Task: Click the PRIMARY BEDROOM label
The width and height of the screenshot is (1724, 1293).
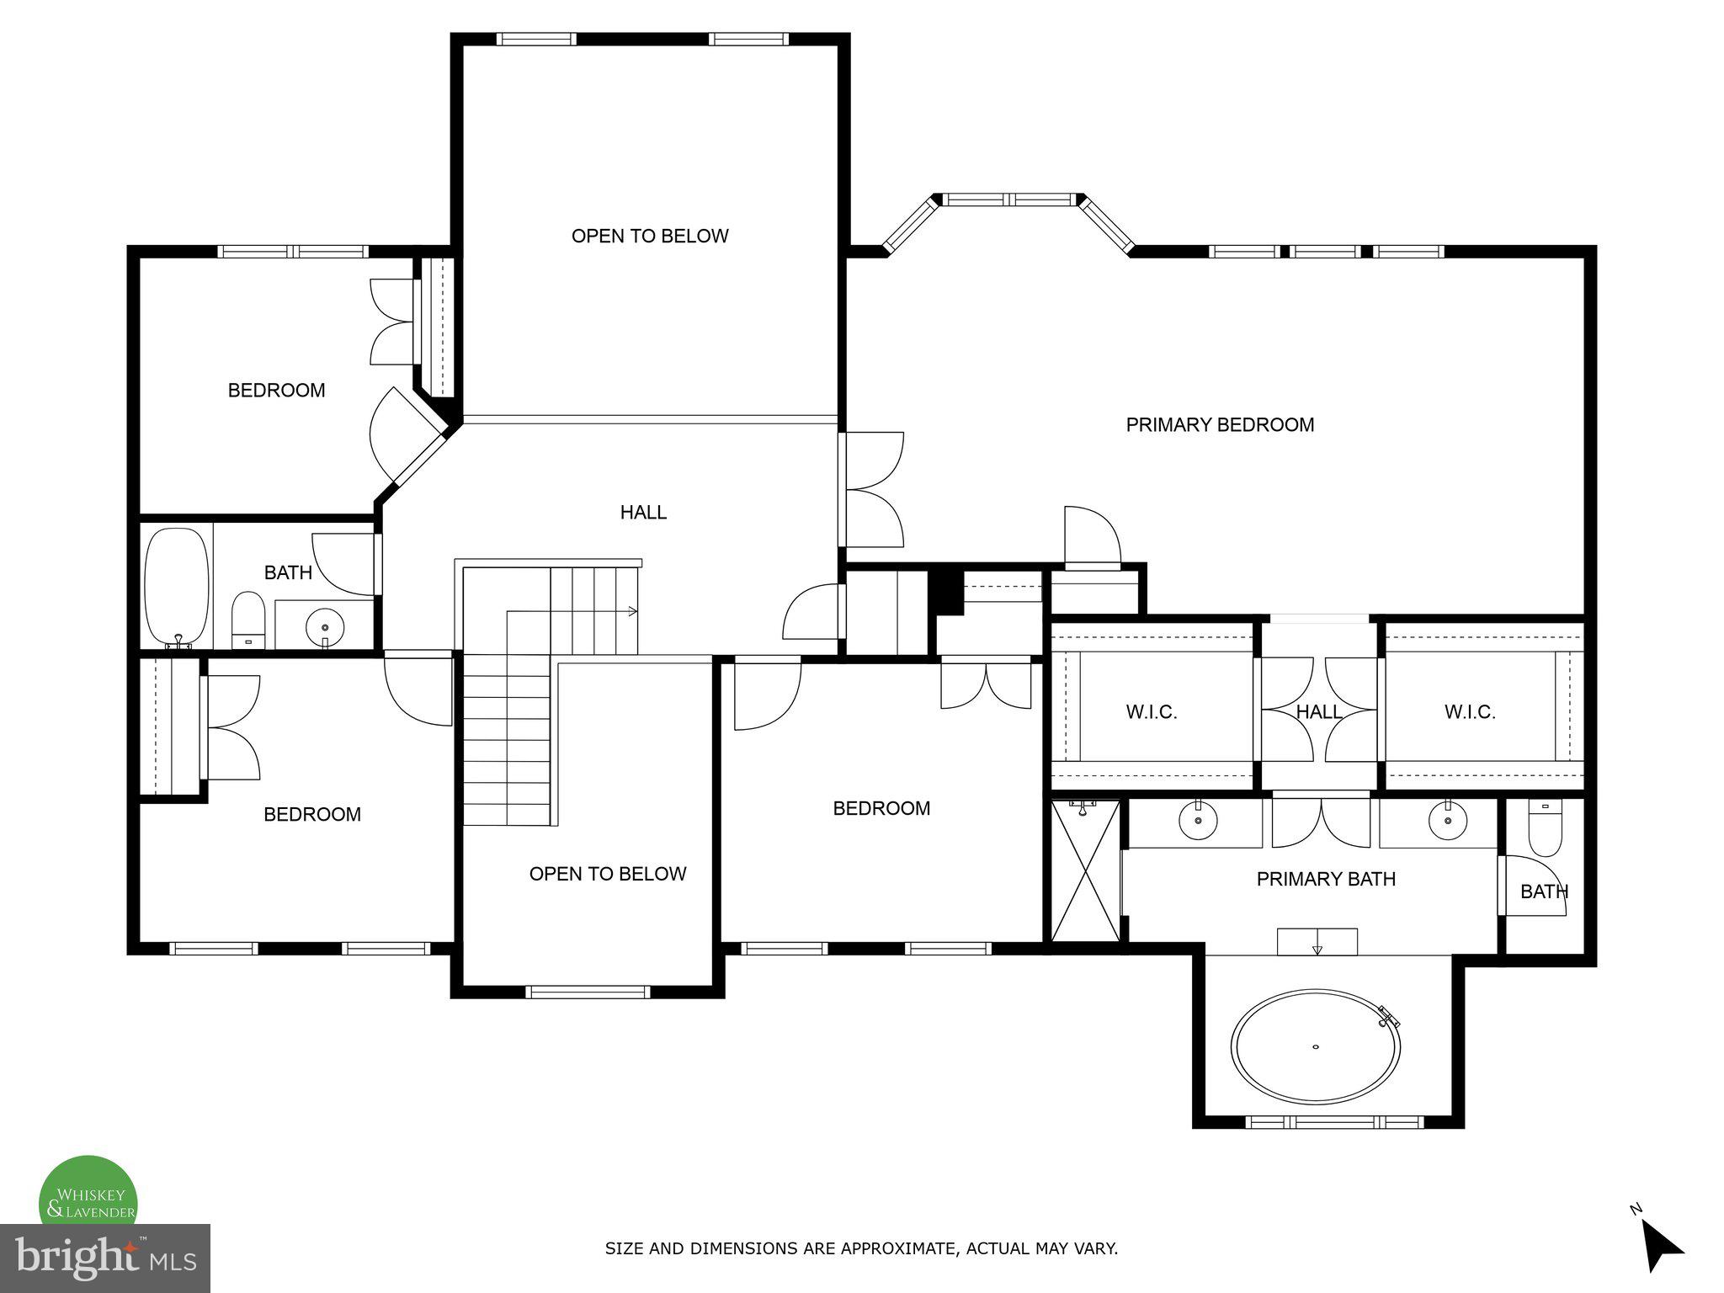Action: (1220, 425)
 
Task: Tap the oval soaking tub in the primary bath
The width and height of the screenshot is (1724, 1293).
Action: (1316, 1046)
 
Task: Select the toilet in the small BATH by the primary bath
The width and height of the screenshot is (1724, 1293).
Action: (1545, 829)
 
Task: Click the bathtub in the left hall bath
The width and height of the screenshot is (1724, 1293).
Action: (177, 587)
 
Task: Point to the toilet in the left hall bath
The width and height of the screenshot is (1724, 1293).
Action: (248, 620)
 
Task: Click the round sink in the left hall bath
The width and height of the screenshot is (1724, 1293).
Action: (325, 626)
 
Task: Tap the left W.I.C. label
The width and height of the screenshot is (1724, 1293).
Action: (1151, 712)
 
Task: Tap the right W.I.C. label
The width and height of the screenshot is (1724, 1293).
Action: (1470, 712)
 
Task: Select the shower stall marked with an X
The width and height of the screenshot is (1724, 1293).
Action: (1086, 871)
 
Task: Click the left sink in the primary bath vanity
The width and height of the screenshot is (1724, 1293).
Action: (1196, 821)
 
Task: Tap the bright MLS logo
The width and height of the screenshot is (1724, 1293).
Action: (104, 1258)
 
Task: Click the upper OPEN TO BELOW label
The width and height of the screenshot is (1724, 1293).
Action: (650, 237)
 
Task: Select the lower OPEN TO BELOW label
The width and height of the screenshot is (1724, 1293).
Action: (608, 875)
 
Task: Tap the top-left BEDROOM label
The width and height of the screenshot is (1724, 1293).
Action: (276, 391)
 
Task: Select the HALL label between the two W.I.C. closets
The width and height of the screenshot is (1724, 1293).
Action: (1318, 712)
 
